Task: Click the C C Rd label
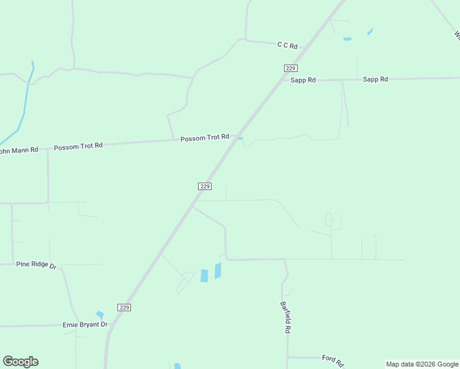[x=287, y=46]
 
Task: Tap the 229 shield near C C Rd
[x=291, y=68]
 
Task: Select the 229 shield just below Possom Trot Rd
[x=205, y=186]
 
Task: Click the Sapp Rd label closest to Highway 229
[x=303, y=80]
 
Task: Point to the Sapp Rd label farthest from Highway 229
[x=375, y=79]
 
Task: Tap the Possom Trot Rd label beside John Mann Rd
[x=78, y=147]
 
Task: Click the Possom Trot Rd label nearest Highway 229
[x=205, y=138]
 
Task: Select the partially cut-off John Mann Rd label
[x=18, y=150]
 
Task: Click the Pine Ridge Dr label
[x=36, y=265]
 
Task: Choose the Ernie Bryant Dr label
[x=85, y=324]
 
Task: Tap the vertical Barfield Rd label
[x=285, y=317]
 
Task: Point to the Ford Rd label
[x=332, y=359]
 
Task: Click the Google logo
[x=20, y=362]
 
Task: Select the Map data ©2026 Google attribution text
[x=422, y=364]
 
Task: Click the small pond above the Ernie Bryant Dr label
[x=100, y=315]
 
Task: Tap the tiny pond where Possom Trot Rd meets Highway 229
[x=240, y=138]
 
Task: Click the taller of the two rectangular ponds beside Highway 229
[x=218, y=271]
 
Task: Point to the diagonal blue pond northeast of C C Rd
[x=370, y=31]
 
